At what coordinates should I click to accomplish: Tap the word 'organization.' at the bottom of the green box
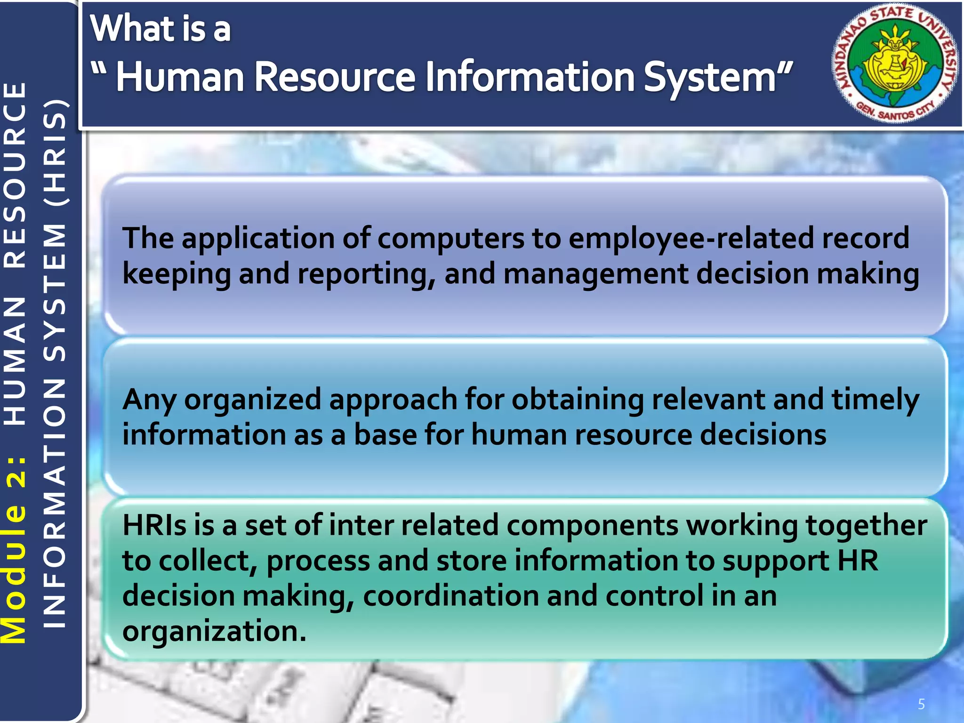tap(214, 631)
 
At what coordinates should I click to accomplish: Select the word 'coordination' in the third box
tap(450, 596)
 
